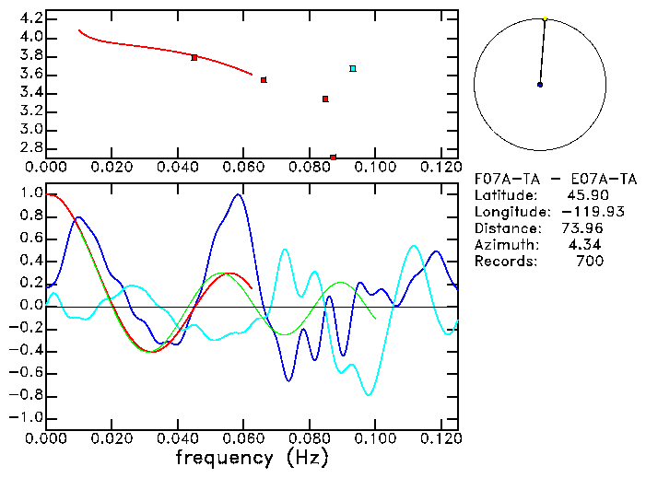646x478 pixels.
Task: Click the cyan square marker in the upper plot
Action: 353,68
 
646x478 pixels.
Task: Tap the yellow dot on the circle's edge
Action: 545,18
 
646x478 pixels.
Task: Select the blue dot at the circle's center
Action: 540,85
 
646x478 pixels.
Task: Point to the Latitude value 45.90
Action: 585,195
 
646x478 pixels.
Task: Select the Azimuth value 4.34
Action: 588,245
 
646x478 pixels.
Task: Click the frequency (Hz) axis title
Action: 251,458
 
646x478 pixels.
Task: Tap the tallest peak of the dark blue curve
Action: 239,194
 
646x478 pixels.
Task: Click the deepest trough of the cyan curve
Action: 369,394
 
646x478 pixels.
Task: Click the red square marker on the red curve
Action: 194,58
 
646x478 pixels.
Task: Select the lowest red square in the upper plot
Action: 333,157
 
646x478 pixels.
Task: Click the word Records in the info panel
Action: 503,262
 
